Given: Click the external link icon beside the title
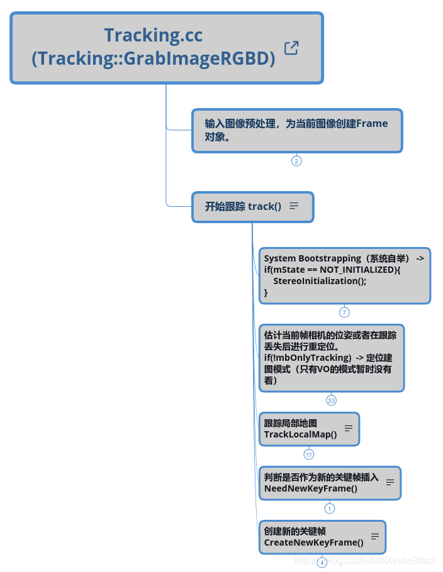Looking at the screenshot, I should tap(291, 48).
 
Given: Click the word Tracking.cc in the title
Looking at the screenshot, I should tap(154, 35).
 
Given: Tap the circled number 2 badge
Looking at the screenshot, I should tap(296, 161).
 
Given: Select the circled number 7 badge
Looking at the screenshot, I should tap(344, 312).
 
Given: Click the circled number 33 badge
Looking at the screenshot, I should tap(331, 400).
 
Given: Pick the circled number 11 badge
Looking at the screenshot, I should tap(309, 454).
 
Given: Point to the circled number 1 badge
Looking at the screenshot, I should tap(330, 509).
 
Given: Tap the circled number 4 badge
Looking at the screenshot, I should tap(322, 563).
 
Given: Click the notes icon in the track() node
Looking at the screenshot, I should tap(294, 206).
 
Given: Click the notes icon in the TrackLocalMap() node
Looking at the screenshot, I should tap(349, 428).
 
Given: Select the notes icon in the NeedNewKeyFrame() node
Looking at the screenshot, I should tap(390, 482).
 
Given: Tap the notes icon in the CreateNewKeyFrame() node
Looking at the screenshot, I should tap(375, 536).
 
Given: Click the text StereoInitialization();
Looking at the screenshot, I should tap(320, 281).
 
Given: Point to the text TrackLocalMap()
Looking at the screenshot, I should tap(300, 434).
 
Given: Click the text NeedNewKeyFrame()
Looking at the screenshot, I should tap(311, 488).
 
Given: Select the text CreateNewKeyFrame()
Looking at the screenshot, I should tap(313, 542).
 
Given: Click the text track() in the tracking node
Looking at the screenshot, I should tap(264, 206).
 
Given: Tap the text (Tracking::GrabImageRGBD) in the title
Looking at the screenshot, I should tap(154, 58).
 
